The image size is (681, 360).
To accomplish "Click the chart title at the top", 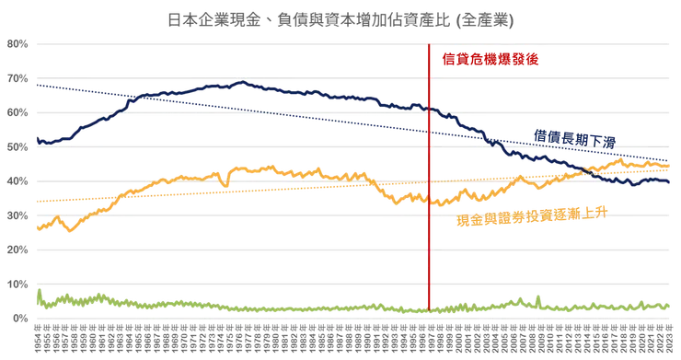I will tap(340, 19).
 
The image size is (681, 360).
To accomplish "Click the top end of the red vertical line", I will tap(431, 43).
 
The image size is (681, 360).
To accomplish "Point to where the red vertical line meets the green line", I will tap(431, 308).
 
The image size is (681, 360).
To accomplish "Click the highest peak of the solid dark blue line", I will tap(243, 82).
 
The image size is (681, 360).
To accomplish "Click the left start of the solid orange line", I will tap(35, 230).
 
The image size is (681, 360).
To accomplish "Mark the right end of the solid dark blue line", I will tap(670, 182).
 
